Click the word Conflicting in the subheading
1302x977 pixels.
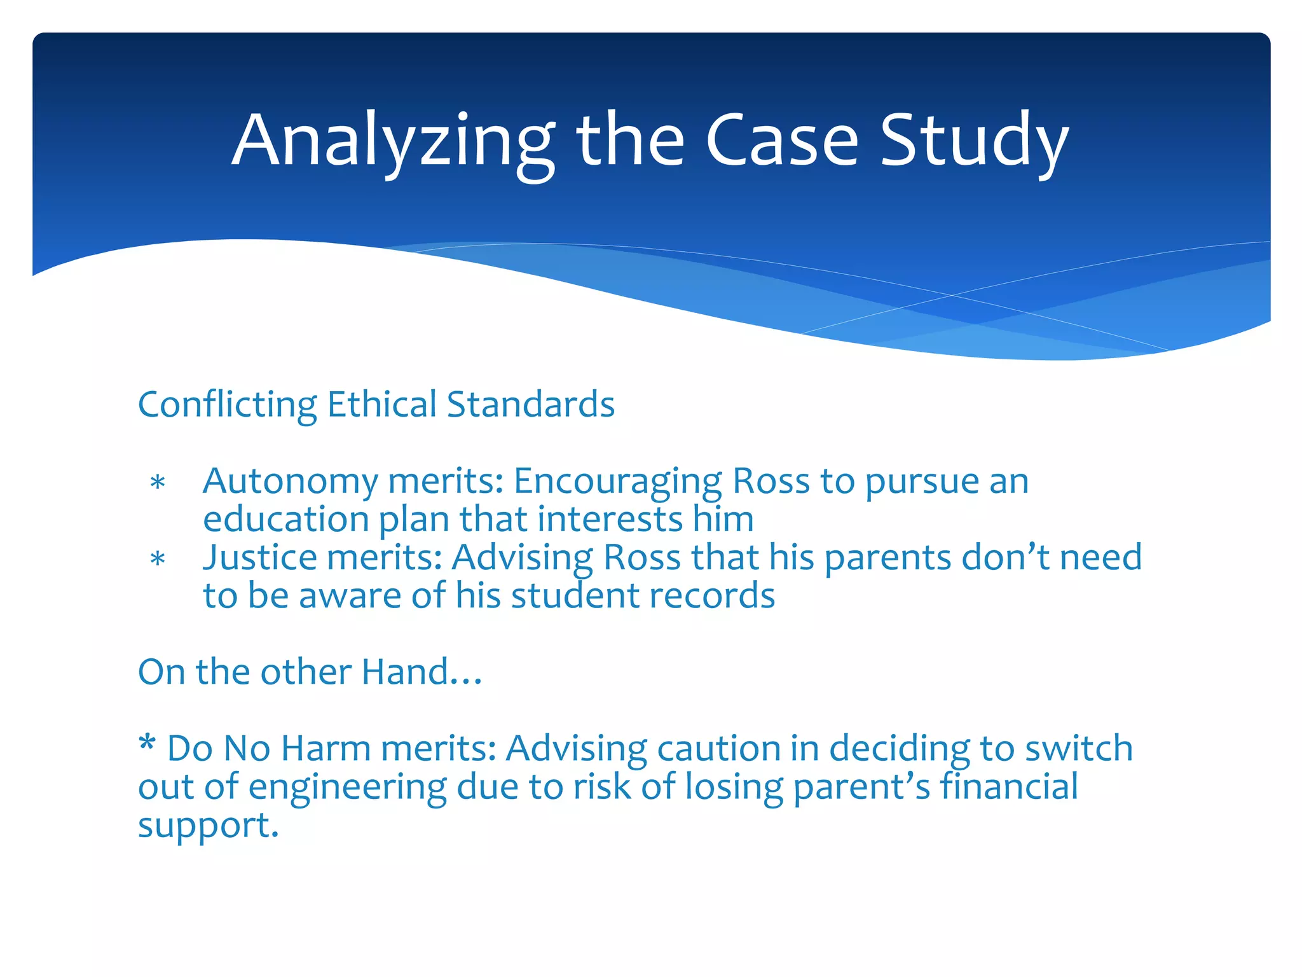click(x=227, y=405)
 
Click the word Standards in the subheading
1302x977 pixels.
click(x=531, y=405)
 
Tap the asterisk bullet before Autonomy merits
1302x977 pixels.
click(x=158, y=483)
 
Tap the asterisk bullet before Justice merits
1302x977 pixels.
click(x=158, y=560)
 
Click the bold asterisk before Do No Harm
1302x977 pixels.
click(x=147, y=744)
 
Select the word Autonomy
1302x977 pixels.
click(x=290, y=482)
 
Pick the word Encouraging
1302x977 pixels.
click(x=617, y=482)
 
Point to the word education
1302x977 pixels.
click(x=285, y=519)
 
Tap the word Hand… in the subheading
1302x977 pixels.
click(x=421, y=672)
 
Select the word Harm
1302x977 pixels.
click(x=325, y=749)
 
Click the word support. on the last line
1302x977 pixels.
click(x=209, y=826)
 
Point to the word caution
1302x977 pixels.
click(x=718, y=749)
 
